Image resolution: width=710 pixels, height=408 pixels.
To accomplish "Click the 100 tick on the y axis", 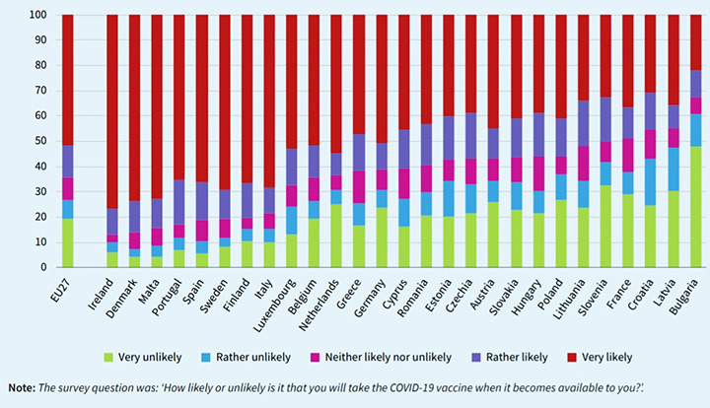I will (x=38, y=16).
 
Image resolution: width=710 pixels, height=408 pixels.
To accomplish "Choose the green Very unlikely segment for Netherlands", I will (x=337, y=236).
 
